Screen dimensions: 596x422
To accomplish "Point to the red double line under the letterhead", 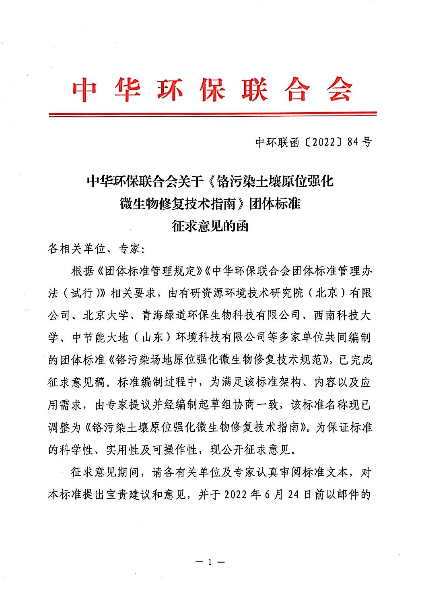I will (212, 114).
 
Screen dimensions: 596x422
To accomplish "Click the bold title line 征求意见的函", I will (210, 226).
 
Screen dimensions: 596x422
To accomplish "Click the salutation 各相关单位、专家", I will (94, 248).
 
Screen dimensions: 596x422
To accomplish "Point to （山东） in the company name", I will (152, 337).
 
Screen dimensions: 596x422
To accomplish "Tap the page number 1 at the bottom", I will (210, 562).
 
